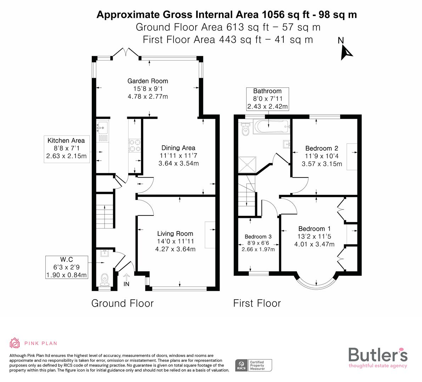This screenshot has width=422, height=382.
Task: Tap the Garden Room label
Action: pos(148,81)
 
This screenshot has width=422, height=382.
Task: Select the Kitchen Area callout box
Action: pos(66,149)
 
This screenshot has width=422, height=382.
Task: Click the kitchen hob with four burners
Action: pos(134,145)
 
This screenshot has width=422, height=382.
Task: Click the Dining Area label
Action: pos(178,148)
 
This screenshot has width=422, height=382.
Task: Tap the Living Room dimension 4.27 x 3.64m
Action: pos(175,249)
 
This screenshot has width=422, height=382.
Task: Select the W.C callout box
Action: pos(67,267)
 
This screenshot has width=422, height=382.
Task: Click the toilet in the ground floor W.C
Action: pos(104,280)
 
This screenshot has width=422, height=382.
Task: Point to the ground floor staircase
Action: pos(105,216)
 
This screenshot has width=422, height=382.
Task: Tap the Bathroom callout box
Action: pos(268,99)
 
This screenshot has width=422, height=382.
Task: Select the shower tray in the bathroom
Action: pos(247,165)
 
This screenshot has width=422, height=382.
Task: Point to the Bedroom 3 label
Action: pos(258,237)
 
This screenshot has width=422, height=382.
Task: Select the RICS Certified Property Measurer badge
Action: pos(254,365)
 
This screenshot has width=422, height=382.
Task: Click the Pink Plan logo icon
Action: pos(15,343)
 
